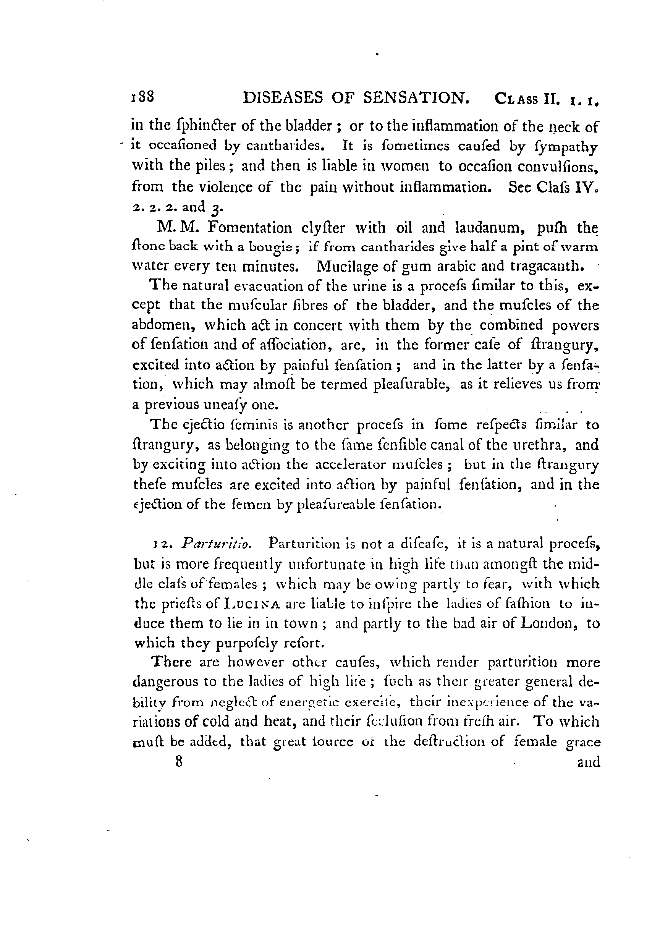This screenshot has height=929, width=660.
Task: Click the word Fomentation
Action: [x=249, y=228]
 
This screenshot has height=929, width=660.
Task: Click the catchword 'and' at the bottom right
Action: [x=589, y=762]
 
